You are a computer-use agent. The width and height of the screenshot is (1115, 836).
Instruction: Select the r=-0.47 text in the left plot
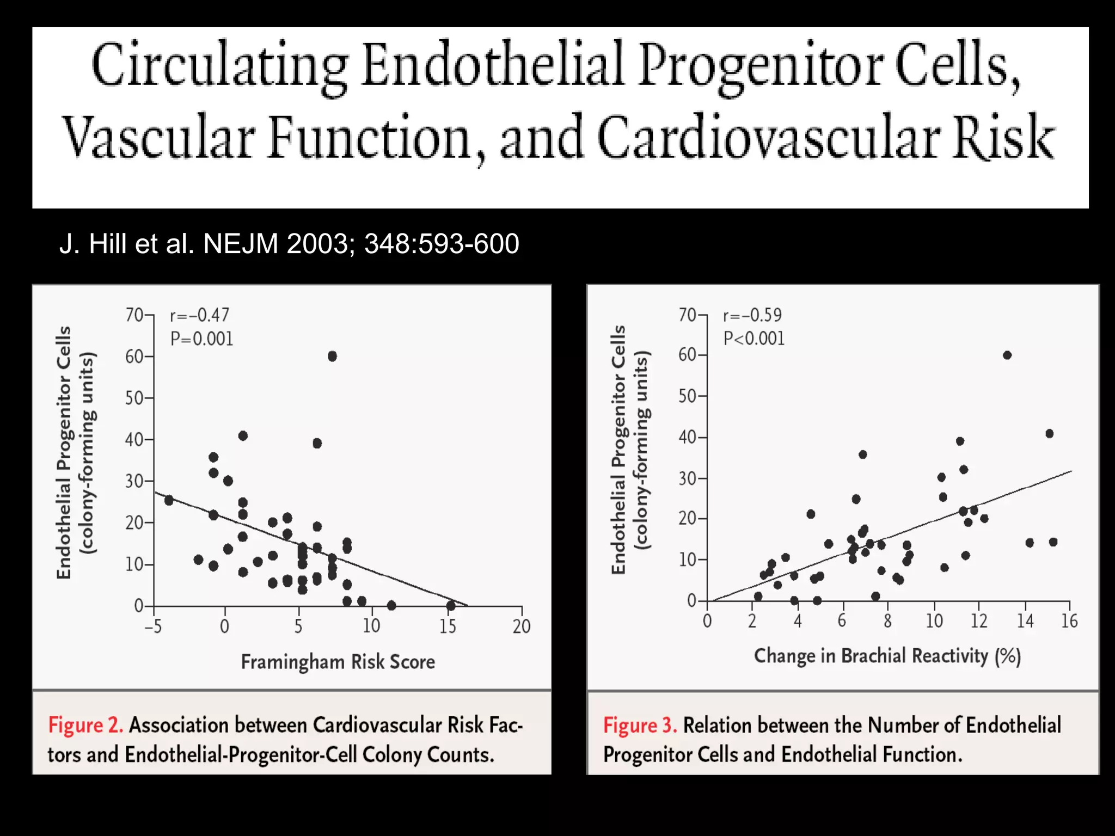pos(200,315)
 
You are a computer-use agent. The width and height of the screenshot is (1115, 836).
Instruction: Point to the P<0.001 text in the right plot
pos(753,339)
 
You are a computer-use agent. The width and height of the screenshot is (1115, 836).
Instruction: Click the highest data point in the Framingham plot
pos(332,356)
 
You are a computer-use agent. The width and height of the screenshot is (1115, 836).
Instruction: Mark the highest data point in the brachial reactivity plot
pos(1007,355)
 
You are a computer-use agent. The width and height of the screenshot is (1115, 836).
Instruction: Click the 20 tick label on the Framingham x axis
pos(521,626)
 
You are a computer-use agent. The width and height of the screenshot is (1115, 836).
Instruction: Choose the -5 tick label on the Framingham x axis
pos(153,626)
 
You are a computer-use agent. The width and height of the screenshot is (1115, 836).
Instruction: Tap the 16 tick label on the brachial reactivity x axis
pos(1069,621)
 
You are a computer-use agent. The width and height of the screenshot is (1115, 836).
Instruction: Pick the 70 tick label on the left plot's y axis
pos(134,315)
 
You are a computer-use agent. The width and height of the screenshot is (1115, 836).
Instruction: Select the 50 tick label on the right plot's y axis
pos(688,396)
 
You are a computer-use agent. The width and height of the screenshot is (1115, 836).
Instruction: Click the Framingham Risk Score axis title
pos(338,662)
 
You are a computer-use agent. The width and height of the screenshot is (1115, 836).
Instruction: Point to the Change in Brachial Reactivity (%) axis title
pos(887,656)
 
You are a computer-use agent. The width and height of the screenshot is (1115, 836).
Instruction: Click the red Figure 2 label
pos(85,725)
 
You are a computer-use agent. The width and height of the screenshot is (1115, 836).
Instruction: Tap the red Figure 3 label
pos(640,726)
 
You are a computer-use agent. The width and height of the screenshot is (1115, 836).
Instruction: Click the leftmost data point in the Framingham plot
pos(169,500)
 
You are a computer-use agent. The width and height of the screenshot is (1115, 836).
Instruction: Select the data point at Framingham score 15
pos(451,605)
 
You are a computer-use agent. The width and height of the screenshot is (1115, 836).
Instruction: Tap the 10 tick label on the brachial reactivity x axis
pos(934,621)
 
